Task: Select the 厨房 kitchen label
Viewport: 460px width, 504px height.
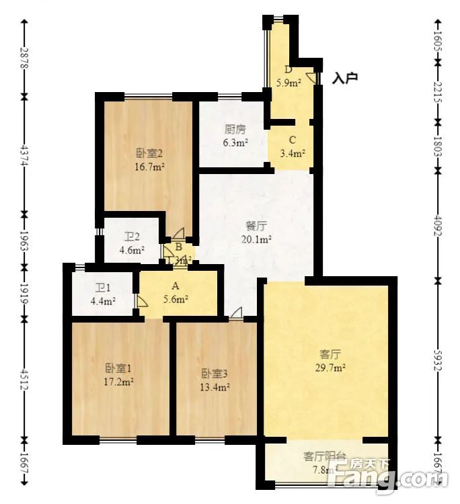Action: (235, 130)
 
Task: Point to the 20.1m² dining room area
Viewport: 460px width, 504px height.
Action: (257, 239)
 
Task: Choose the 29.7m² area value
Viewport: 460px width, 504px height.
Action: (331, 368)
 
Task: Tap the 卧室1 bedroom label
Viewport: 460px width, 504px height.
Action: (118, 368)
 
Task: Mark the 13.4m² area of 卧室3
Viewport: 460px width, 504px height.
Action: (215, 386)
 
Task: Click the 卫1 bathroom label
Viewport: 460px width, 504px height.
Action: (103, 288)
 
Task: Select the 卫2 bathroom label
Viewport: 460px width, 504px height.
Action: (131, 237)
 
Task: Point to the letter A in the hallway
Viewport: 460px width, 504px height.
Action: (175, 286)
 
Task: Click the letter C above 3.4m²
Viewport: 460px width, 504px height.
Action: (292, 140)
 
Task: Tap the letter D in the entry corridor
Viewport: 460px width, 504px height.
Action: (288, 69)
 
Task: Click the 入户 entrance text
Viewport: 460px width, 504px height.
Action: (345, 78)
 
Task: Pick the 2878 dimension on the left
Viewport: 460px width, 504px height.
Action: (24, 58)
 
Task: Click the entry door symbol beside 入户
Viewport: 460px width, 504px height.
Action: (311, 77)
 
